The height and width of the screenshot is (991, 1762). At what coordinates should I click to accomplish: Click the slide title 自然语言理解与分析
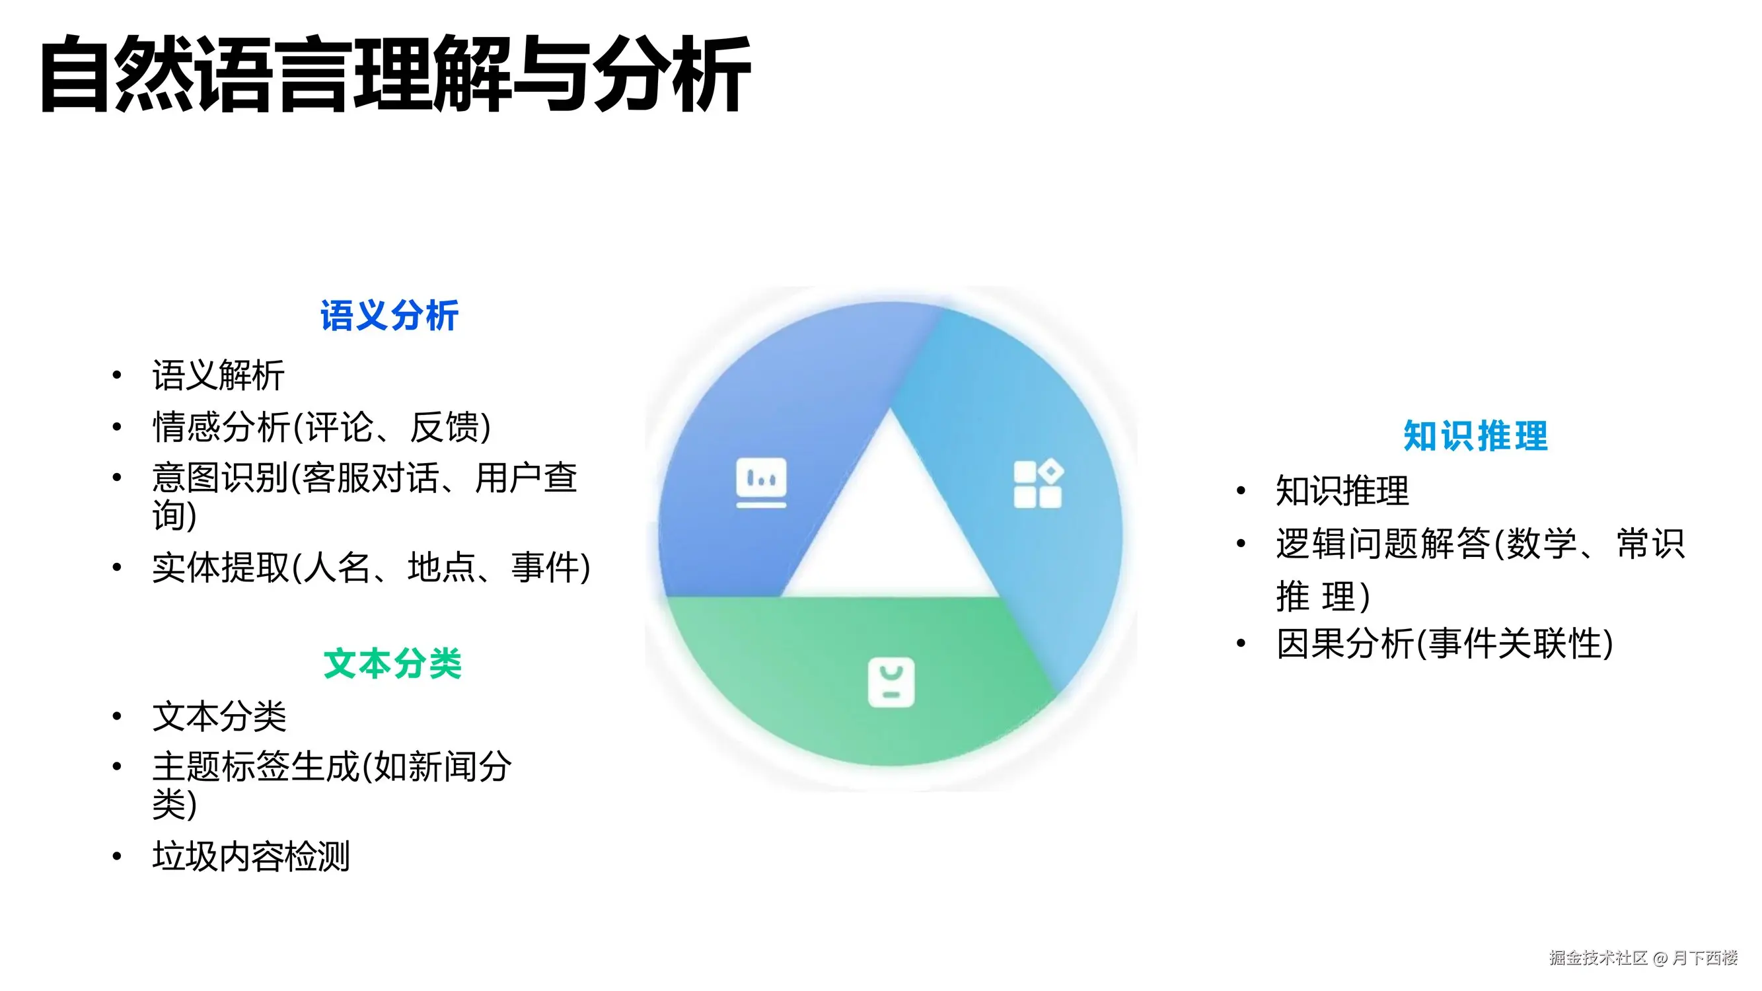(395, 74)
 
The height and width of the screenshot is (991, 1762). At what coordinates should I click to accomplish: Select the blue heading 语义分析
(389, 316)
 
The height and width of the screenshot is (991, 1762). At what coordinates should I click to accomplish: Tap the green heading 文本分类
(392, 663)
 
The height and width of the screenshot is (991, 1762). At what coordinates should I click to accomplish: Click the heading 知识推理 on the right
(1475, 435)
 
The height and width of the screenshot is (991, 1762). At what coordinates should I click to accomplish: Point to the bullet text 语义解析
(218, 375)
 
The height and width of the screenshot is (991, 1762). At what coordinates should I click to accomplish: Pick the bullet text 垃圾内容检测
(251, 856)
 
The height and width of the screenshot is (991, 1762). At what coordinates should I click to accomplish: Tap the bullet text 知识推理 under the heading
(1342, 490)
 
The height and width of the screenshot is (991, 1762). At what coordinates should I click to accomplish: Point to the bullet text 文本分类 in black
(219, 716)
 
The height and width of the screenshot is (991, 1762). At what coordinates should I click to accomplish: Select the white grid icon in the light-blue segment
(1038, 484)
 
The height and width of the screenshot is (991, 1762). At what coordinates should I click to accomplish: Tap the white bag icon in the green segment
(891, 682)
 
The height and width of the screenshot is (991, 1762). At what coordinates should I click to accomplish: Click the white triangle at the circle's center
(890, 527)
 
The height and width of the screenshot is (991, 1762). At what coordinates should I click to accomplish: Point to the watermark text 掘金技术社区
(1598, 957)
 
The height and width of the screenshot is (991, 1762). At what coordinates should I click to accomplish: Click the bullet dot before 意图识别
(117, 477)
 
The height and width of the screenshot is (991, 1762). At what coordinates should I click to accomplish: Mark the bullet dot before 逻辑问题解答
(1241, 544)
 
